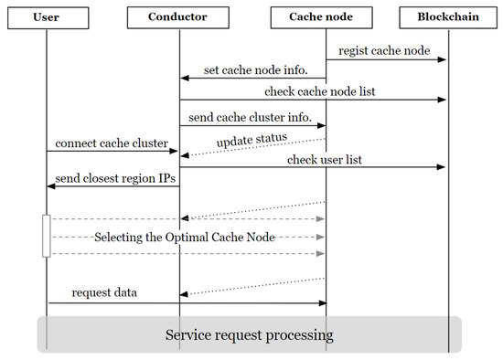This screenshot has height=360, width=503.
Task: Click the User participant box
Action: [x=48, y=17]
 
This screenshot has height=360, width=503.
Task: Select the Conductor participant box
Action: [x=179, y=17]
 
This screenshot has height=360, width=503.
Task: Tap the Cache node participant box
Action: [x=326, y=17]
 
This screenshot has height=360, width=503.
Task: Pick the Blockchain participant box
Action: [x=449, y=17]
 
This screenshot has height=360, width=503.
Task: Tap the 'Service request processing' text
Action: [x=249, y=334]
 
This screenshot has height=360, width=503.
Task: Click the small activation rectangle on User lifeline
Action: [x=47, y=236]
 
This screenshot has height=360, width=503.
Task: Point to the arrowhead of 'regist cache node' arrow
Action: [x=444, y=60]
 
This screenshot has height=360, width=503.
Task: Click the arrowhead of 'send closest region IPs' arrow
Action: [x=51, y=185]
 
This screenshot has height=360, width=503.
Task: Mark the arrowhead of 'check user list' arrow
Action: [x=444, y=167]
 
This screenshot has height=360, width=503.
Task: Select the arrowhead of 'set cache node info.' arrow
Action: [x=184, y=77]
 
